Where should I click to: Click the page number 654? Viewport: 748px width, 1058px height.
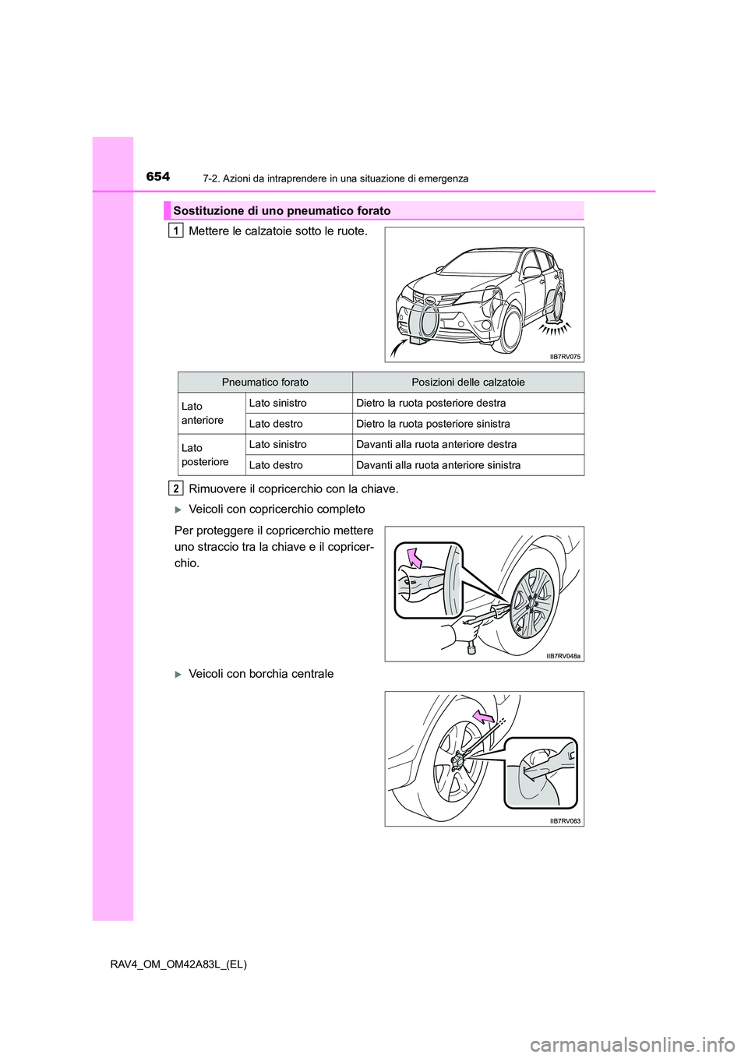(x=157, y=177)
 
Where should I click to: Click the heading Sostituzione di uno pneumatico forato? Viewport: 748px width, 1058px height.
(x=282, y=211)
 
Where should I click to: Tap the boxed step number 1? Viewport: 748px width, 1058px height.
(x=176, y=231)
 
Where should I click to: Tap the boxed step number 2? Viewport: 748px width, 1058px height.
(x=176, y=488)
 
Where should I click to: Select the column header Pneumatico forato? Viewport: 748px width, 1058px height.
(x=265, y=383)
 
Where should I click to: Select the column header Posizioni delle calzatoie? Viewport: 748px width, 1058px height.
(x=467, y=383)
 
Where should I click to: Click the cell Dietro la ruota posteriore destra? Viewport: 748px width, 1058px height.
(x=431, y=404)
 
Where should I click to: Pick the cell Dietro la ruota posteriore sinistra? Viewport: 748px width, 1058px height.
(x=433, y=424)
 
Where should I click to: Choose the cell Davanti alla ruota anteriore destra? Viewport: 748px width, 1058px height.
(x=436, y=445)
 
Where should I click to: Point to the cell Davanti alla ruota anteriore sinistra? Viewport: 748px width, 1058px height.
(x=439, y=465)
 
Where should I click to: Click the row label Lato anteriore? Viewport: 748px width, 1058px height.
(x=202, y=414)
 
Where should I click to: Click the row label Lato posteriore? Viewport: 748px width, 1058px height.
(x=205, y=455)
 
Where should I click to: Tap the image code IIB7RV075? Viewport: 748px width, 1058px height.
(x=565, y=357)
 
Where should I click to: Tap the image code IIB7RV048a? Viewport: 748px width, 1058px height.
(x=563, y=656)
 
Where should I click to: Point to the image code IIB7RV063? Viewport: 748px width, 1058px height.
(x=565, y=821)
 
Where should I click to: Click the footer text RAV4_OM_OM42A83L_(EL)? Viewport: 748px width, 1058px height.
(x=178, y=965)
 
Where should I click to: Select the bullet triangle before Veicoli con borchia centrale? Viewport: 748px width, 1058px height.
(x=178, y=675)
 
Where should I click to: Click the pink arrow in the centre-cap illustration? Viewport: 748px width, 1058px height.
(x=484, y=716)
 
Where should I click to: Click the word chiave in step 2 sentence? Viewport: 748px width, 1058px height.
(x=379, y=489)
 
